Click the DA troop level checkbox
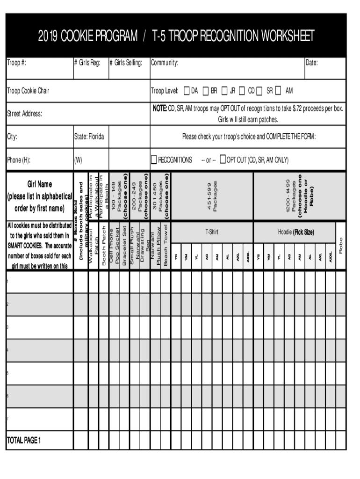pyautogui.click(x=187, y=90)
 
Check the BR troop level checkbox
pyautogui.click(x=206, y=90)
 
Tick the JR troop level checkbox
pyautogui.click(x=224, y=90)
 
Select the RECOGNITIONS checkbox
pyautogui.click(x=154, y=160)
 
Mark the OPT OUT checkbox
pyautogui.click(x=223, y=160)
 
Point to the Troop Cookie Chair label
pyautogui.click(x=28, y=91)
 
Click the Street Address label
pyautogui.click(x=25, y=114)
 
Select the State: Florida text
pyautogui.click(x=89, y=137)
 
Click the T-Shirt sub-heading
pyautogui.click(x=212, y=232)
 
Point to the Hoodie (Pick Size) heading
pyautogui.click(x=296, y=232)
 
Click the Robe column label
pyautogui.click(x=341, y=246)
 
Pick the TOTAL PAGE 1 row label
pyautogui.click(x=24, y=440)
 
